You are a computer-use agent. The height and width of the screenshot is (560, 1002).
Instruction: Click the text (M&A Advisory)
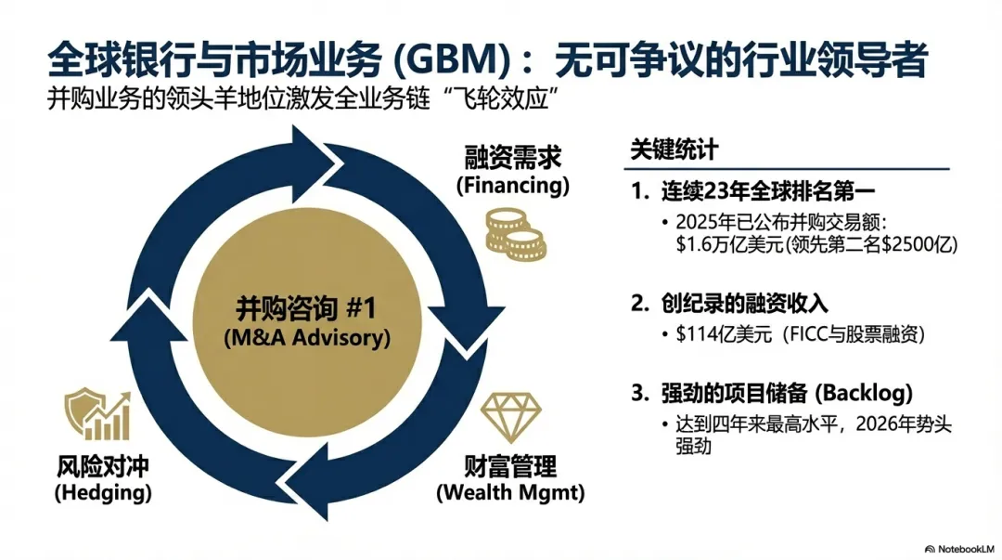(x=307, y=337)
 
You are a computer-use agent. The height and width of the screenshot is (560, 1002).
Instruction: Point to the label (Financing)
(x=512, y=185)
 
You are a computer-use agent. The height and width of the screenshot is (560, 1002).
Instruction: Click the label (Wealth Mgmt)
(x=510, y=492)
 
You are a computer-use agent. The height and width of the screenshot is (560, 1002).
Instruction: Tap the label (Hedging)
(x=103, y=492)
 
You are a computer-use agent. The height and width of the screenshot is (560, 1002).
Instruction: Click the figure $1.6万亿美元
(x=730, y=245)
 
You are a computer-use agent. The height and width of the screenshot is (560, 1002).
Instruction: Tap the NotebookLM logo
(x=956, y=547)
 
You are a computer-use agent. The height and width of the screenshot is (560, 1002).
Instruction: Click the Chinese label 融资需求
(x=512, y=157)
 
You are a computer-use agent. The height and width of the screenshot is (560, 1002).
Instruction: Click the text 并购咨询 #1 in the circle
(x=307, y=310)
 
